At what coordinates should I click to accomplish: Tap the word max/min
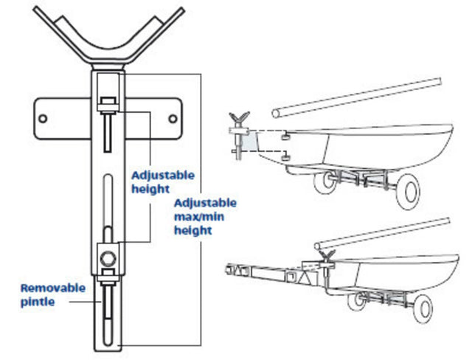[195, 216]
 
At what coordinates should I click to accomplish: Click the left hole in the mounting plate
[44, 117]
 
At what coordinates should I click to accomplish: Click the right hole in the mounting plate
[174, 117]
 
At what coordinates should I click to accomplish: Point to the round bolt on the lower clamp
[108, 259]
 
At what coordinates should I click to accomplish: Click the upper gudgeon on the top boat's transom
[285, 136]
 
